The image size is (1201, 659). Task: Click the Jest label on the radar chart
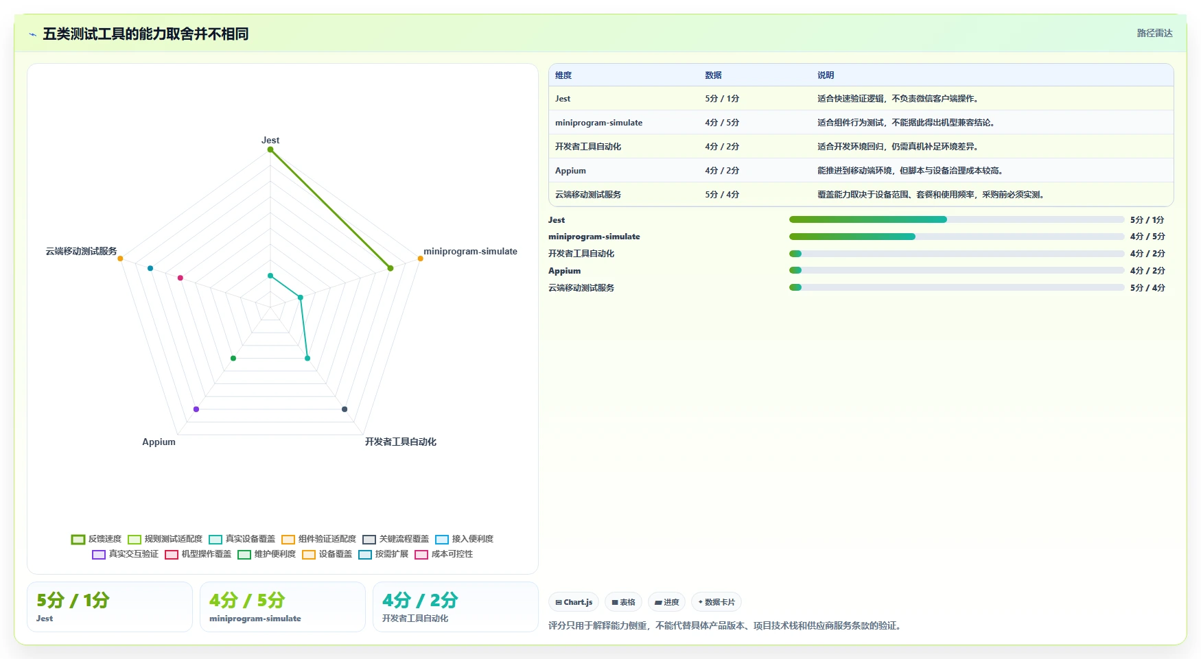tap(270, 140)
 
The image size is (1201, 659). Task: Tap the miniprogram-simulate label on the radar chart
tap(470, 251)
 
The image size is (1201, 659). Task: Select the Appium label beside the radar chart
tap(159, 442)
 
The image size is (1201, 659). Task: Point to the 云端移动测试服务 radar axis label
tap(81, 251)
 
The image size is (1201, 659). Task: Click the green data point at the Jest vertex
tap(270, 149)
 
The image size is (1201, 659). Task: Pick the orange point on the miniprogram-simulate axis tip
tap(421, 259)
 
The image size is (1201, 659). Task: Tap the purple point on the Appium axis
tap(196, 409)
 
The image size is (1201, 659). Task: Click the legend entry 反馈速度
tap(96, 539)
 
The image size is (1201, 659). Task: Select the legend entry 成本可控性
tap(443, 554)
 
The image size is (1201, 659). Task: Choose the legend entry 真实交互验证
tap(125, 554)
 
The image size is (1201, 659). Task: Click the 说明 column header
tap(826, 75)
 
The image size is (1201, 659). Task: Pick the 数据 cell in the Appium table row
tap(722, 171)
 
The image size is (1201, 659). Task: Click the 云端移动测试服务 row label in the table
tap(588, 195)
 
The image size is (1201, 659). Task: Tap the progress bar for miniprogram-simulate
tap(957, 237)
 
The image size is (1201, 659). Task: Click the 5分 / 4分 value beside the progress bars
tap(1147, 288)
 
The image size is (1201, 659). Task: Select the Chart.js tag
tap(574, 602)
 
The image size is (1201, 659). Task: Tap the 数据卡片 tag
tap(716, 602)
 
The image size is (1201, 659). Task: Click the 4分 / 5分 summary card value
tap(247, 600)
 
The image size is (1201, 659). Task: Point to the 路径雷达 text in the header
tap(1155, 33)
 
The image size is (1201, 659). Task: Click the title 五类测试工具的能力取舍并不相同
tap(145, 34)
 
